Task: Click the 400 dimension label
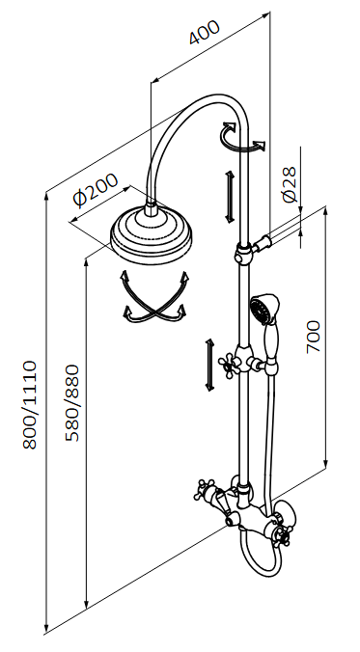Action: click(205, 32)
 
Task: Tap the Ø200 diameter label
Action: click(96, 190)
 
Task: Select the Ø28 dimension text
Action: click(290, 184)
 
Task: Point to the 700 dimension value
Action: click(314, 337)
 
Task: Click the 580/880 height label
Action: click(71, 402)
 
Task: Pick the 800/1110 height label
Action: click(30, 405)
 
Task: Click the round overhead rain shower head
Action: click(152, 233)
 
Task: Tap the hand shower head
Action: click(264, 308)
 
